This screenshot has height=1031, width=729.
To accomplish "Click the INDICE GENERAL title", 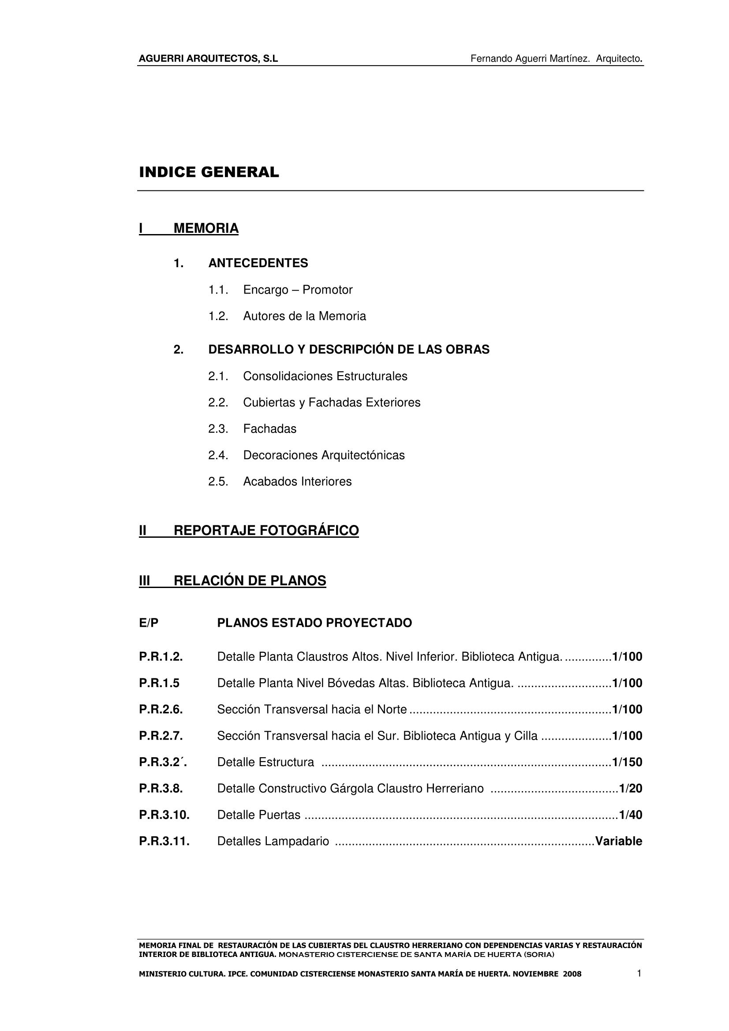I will click(x=209, y=172).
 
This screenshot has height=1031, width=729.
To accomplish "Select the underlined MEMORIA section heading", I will click(x=206, y=229).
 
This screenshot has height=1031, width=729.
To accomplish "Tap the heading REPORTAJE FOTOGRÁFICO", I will click(x=266, y=530).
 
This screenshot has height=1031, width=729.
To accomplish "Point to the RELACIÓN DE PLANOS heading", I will click(x=250, y=581).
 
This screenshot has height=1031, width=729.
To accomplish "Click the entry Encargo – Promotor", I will click(x=297, y=290).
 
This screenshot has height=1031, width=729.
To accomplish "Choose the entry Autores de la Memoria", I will click(x=304, y=316).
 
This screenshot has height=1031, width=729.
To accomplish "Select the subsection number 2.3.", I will click(x=218, y=429).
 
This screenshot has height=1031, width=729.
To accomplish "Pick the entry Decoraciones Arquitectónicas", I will click(x=323, y=455).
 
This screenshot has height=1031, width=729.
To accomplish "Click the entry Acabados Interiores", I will click(x=297, y=481).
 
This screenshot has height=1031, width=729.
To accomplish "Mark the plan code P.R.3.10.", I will click(x=164, y=815).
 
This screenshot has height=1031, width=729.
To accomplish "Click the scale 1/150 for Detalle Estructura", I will click(x=627, y=762).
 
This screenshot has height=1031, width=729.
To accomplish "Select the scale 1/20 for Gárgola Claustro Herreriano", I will click(x=630, y=789).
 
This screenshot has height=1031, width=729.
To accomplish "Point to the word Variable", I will click(x=618, y=841).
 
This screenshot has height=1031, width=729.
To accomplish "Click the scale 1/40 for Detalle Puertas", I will click(x=630, y=815).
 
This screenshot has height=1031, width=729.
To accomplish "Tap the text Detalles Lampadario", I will click(x=273, y=841).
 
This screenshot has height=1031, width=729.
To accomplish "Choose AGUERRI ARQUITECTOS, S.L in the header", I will click(x=209, y=58).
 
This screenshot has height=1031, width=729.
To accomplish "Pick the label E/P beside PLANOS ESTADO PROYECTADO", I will click(x=149, y=623).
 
